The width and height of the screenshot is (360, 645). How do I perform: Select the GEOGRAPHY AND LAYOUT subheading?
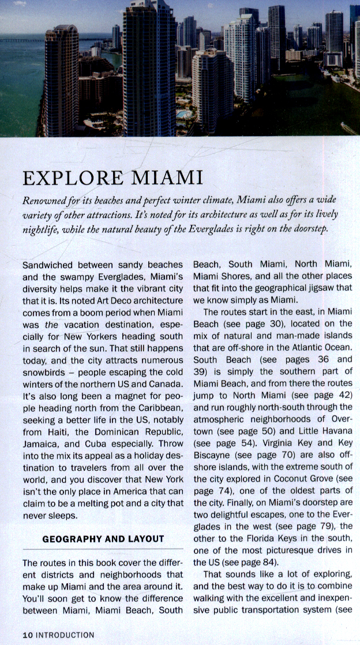(x=103, y=539)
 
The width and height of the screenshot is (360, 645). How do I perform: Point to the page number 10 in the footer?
(x=28, y=635)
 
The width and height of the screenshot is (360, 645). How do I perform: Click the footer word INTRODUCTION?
(x=65, y=635)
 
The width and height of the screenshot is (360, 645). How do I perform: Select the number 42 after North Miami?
(x=346, y=395)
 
